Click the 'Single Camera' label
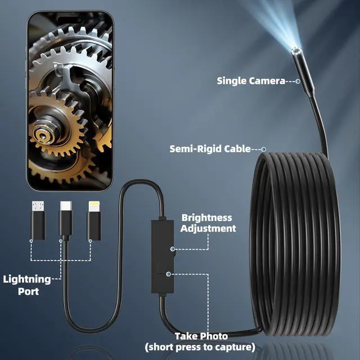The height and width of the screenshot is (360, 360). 251,81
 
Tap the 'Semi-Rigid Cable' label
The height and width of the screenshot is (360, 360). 210,149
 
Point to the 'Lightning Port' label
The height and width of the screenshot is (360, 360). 27,285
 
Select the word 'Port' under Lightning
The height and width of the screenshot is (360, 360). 28,291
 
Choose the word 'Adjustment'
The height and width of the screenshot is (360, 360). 209,228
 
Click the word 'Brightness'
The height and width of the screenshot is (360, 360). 206,217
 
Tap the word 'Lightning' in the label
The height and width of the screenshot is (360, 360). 27,279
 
